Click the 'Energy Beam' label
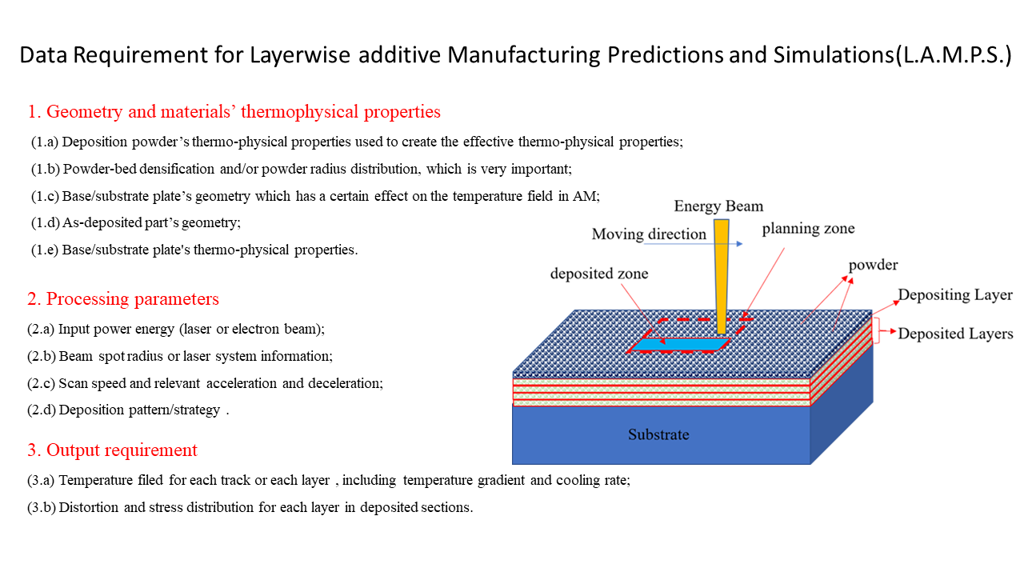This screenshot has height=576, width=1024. point(718,206)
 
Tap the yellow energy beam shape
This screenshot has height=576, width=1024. point(722,277)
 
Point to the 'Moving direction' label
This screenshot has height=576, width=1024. point(649,234)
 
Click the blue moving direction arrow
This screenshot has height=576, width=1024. point(694,244)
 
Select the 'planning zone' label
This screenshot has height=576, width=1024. point(808,229)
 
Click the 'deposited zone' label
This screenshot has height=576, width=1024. point(599,274)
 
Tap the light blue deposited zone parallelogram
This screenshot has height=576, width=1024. point(680,344)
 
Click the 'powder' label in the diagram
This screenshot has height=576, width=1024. point(873,265)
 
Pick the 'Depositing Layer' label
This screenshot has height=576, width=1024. point(955,295)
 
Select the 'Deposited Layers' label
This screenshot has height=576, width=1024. point(955,334)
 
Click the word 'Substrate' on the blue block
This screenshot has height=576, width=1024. point(658,434)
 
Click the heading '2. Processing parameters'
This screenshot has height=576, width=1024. point(123,299)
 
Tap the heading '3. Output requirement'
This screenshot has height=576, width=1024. point(112,450)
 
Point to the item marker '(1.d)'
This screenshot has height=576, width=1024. point(46,222)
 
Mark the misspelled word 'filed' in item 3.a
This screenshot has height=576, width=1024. point(150,480)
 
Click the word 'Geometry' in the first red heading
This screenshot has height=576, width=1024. point(85,112)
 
